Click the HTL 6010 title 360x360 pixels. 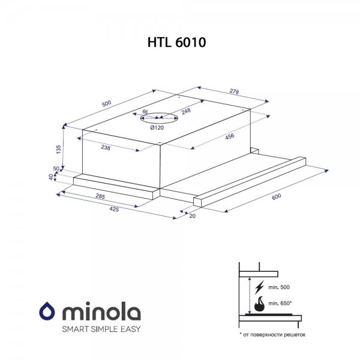pos(176,42)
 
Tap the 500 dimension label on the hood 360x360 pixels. pos(107,104)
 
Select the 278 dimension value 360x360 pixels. pos(234,91)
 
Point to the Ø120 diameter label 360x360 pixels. pos(157,128)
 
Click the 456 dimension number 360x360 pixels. pos(230,136)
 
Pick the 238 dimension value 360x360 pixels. pos(106,148)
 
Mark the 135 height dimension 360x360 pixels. pos(59,149)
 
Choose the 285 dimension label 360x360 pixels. pos(100,196)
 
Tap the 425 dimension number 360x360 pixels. pos(114,209)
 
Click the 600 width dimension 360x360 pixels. pos(276,197)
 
